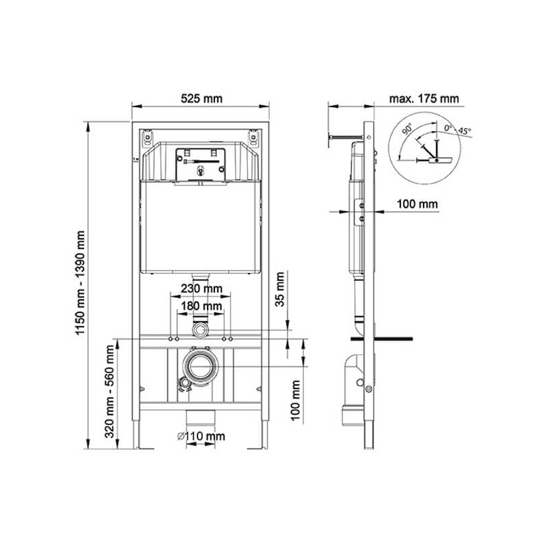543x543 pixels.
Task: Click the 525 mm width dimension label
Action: (201, 98)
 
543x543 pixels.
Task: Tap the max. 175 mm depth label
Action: (424, 98)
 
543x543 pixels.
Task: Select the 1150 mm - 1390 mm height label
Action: (80, 283)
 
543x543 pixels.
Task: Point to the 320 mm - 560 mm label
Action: (109, 392)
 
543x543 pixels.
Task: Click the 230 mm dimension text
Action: (202, 288)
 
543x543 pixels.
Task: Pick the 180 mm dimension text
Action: (202, 306)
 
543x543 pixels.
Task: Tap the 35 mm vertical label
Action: (280, 290)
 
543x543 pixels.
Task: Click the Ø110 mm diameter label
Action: (201, 436)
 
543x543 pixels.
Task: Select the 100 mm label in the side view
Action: (417, 204)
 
